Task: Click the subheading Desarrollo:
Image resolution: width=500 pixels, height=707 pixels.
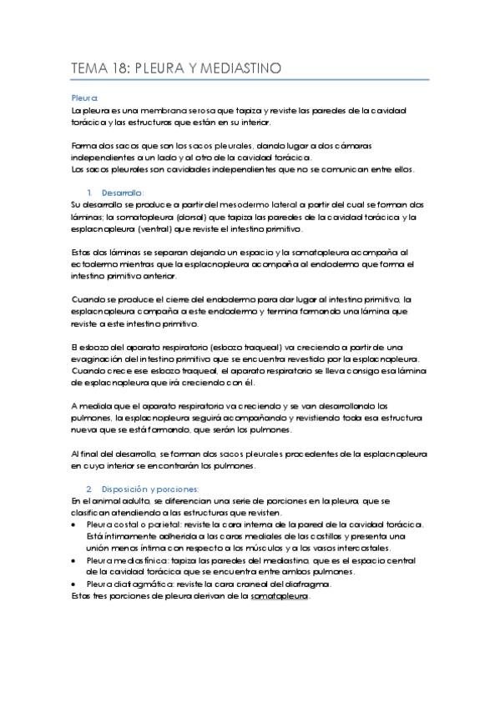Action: coord(120,192)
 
